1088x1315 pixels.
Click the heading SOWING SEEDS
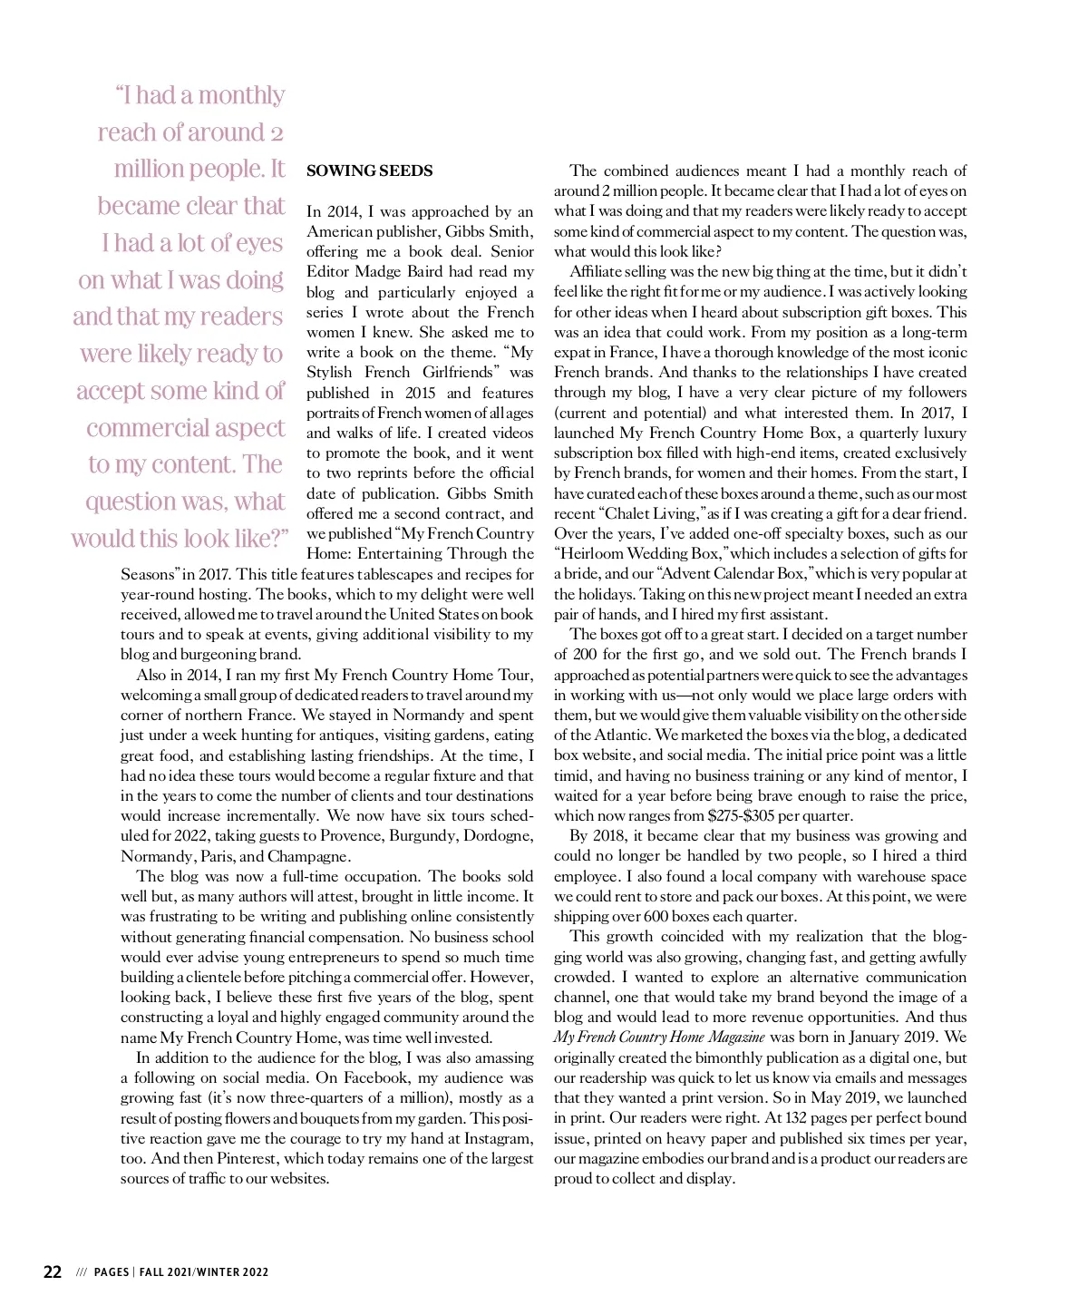click(x=370, y=170)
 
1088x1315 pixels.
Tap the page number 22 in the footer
click(x=53, y=1271)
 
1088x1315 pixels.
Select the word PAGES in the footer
click(x=112, y=1272)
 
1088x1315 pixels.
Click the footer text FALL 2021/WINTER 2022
click(x=204, y=1272)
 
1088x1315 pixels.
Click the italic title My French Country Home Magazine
click(x=659, y=1037)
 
